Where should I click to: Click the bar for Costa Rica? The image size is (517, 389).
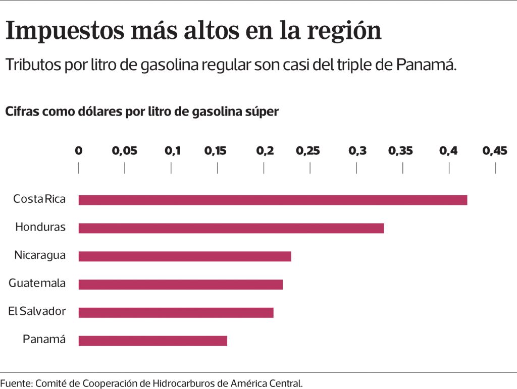click(x=273, y=200)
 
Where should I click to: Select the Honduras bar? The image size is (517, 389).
click(x=231, y=228)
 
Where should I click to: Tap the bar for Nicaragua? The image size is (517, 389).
click(x=185, y=256)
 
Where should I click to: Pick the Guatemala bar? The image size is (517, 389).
click(x=181, y=285)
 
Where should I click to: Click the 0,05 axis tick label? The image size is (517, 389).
click(x=124, y=151)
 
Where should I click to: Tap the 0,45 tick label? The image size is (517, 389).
click(x=494, y=151)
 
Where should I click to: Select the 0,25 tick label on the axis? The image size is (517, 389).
click(x=308, y=151)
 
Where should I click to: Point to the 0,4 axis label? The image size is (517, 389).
click(x=448, y=151)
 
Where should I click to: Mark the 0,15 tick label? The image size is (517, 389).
click(x=217, y=151)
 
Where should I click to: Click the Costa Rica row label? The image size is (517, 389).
click(x=39, y=199)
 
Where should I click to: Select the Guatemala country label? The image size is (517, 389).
click(x=37, y=283)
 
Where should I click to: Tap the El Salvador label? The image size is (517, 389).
click(x=37, y=311)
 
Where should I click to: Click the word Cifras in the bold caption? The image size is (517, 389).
click(x=21, y=112)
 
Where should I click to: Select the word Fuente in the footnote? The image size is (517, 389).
click(x=16, y=383)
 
